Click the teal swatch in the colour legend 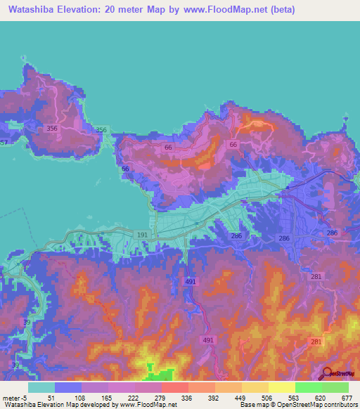click(x=41, y=387)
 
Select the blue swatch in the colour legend click(x=68, y=387)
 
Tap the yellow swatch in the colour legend click(x=282, y=387)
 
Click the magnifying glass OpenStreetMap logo click(x=326, y=373)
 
